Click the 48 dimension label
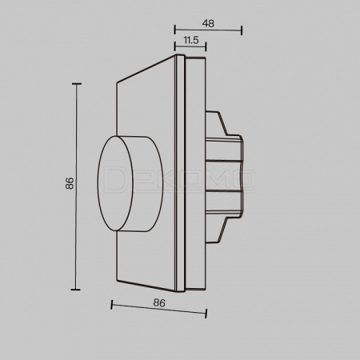tap(208, 23)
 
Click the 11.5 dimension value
tap(191, 40)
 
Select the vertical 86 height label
tap(70, 183)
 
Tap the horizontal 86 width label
tap(159, 303)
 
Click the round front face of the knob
tap(115, 183)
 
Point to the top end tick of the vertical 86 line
tap(77, 84)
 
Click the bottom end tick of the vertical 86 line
tap(76, 290)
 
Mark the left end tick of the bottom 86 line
tap(112, 305)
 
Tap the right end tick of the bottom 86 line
tap(206, 314)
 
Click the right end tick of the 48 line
tap(242, 30)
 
